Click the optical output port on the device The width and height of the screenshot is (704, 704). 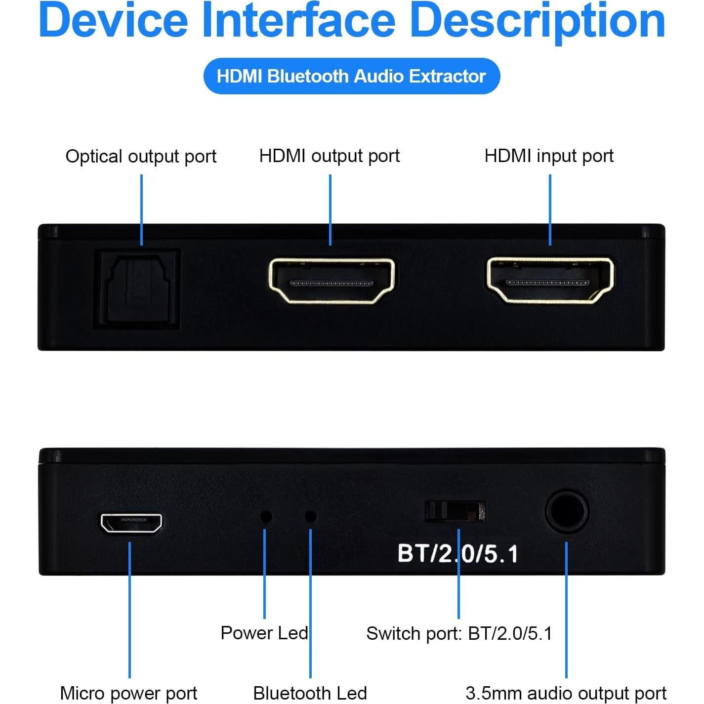coord(137,290)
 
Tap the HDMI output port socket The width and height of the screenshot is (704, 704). coord(331,281)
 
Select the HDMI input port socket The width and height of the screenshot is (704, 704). coord(550,280)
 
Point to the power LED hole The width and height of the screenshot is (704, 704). coord(266,517)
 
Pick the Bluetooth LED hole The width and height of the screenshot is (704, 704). coord(311,517)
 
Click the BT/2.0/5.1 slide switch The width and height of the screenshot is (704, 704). coord(455,512)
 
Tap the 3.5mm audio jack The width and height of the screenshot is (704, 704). coord(567,512)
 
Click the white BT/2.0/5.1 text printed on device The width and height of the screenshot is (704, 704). coord(457,554)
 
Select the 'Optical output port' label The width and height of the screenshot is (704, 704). coord(141,157)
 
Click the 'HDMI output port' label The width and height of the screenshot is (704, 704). coord(330,156)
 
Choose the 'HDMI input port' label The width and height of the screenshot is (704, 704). coord(549,156)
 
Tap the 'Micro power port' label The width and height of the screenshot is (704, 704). coord(128,693)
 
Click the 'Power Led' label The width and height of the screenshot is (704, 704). coord(264,633)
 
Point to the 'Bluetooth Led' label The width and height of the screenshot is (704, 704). coord(310,693)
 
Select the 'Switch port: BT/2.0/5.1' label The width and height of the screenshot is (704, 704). coord(459,633)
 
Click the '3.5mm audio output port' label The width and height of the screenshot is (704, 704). coord(566,693)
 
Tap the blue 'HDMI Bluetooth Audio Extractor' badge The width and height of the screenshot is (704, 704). coord(352,76)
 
